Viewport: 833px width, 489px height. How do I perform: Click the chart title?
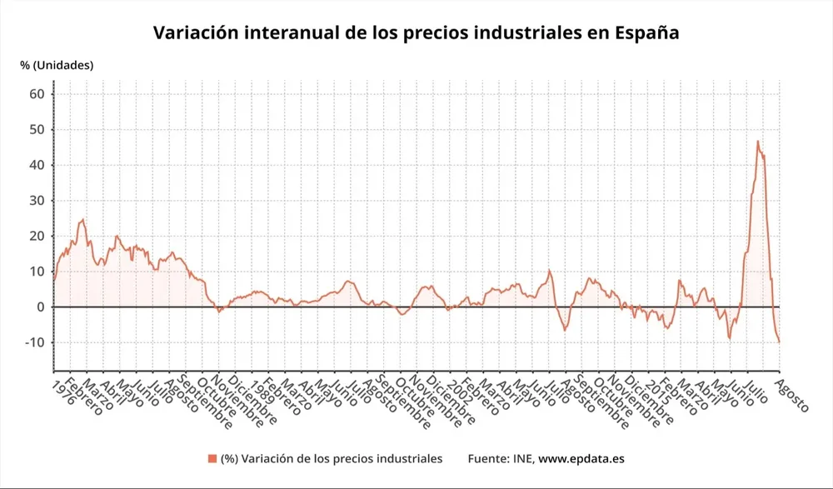[416, 33]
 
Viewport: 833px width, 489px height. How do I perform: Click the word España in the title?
[646, 34]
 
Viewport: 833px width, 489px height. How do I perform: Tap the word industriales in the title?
[533, 33]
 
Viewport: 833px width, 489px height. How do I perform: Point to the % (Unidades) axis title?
[57, 65]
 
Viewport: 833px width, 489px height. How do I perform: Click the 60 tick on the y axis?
[37, 94]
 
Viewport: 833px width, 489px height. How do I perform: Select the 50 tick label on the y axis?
[37, 130]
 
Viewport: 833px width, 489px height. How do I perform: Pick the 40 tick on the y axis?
[37, 165]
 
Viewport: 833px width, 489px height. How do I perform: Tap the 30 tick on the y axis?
[37, 201]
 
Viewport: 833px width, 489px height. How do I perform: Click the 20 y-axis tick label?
[37, 236]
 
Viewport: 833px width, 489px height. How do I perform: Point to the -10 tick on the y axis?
[34, 342]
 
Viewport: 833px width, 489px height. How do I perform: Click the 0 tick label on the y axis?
[40, 307]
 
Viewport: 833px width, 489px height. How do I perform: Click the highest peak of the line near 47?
[758, 141]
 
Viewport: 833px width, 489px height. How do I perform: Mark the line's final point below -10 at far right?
[780, 342]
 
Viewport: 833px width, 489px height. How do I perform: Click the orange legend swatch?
[212, 459]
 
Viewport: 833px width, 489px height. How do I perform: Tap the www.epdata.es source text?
[581, 459]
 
